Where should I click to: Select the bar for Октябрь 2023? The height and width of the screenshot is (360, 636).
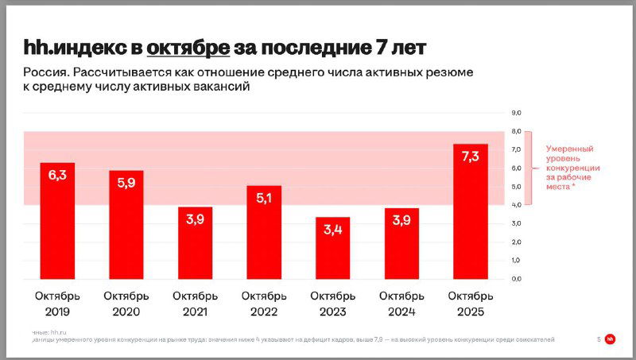pyautogui.click(x=332, y=248)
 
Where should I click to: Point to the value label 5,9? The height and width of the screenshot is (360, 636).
pyautogui.click(x=126, y=182)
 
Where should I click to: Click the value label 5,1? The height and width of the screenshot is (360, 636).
pyautogui.click(x=263, y=197)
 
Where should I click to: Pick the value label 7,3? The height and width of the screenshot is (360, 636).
pyautogui.click(x=470, y=156)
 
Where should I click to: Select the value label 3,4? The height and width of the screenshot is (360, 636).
pyautogui.click(x=332, y=229)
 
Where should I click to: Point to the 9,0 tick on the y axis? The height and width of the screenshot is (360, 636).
pyautogui.click(x=515, y=113)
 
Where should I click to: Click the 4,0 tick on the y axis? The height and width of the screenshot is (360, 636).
pyautogui.click(x=515, y=205)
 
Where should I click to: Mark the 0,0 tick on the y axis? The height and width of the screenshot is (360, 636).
pyautogui.click(x=515, y=279)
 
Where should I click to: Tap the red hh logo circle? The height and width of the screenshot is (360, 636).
pyautogui.click(x=611, y=339)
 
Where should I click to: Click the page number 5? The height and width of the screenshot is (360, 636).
pyautogui.click(x=598, y=339)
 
